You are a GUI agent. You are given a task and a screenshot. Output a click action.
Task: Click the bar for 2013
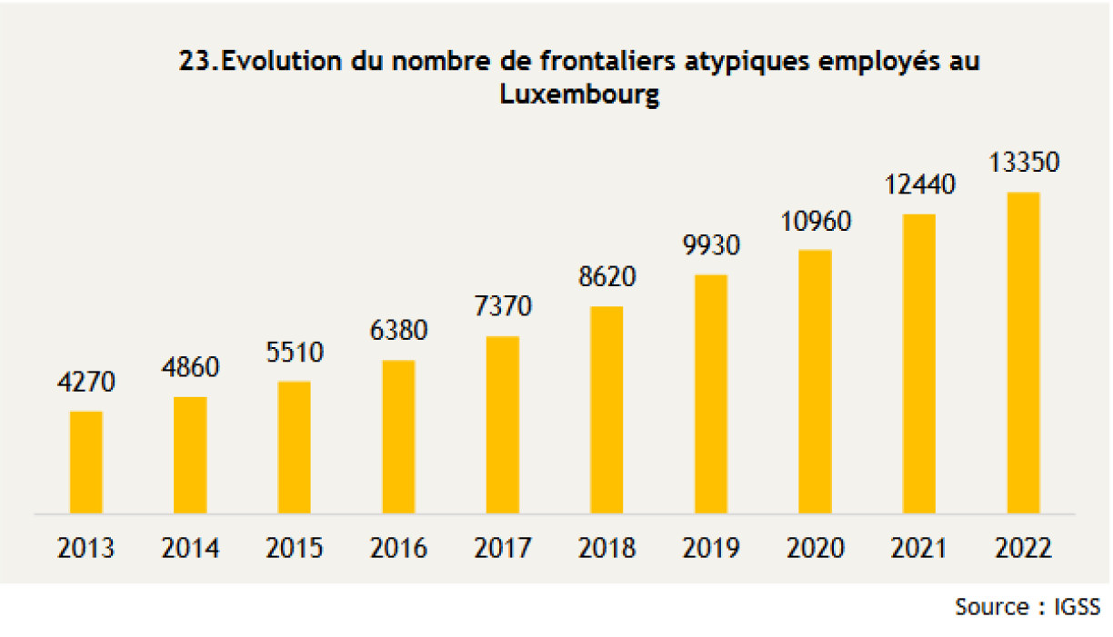(86, 463)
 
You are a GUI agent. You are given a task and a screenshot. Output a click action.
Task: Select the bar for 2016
(398, 437)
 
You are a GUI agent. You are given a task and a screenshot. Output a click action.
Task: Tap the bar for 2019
(711, 394)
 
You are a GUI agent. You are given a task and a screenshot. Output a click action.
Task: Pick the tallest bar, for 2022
(1023, 353)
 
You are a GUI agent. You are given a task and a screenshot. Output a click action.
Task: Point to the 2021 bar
(918, 364)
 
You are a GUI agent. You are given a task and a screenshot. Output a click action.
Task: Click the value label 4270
(86, 382)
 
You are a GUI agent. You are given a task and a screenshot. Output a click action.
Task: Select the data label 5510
(295, 352)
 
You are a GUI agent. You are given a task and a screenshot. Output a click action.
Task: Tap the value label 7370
(503, 306)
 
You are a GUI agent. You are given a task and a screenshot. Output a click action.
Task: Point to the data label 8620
(607, 276)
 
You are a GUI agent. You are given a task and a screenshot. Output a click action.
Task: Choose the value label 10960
(815, 220)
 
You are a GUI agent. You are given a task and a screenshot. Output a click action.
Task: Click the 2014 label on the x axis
(191, 549)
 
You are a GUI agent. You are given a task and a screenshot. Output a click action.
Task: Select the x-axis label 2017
(503, 549)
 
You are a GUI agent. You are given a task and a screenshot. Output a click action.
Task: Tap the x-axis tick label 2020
(815, 549)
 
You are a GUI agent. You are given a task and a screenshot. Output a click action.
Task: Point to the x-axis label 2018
(607, 549)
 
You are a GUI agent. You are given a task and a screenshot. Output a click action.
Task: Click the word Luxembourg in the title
(578, 95)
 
